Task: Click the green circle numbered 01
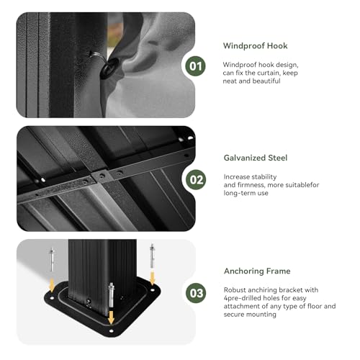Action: pos(195,66)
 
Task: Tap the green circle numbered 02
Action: pos(196,179)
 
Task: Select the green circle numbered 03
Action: pos(196,293)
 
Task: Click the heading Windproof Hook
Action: pos(256,45)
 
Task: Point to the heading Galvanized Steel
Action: pos(256,158)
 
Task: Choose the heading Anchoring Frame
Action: pos(257,271)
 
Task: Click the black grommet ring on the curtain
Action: pos(109,68)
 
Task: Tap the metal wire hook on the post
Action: pos(98,56)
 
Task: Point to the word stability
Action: pos(263,177)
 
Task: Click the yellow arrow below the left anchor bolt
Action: pos(52,285)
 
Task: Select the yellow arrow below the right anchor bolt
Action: pos(152,278)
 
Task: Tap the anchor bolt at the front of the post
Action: pos(111,295)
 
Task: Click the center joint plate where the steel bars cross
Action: pos(102,176)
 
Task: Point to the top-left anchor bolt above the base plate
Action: pos(52,259)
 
